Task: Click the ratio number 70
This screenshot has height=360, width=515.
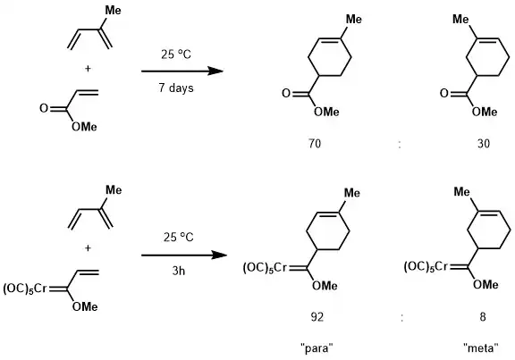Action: tap(315, 144)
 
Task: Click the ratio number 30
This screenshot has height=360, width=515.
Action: tap(484, 144)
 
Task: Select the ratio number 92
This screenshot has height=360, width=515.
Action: tap(317, 317)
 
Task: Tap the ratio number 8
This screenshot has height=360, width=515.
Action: tap(483, 317)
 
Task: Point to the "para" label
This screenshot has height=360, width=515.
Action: tap(317, 347)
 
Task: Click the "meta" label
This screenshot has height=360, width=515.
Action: tap(481, 347)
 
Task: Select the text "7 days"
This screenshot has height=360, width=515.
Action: tap(176, 88)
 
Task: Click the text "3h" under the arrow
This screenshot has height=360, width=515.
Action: tap(179, 271)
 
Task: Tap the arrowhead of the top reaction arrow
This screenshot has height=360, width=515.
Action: tap(215, 71)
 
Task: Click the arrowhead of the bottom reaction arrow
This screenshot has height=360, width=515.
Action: tap(219, 255)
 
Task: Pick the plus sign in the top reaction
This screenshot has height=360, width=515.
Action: tap(88, 69)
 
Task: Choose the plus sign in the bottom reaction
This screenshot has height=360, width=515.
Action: tap(88, 248)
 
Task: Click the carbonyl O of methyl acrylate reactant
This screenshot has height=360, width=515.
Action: tap(44, 108)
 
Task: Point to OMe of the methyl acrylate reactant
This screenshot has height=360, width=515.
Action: tap(84, 127)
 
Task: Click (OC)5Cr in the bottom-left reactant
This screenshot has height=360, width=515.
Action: tap(25, 289)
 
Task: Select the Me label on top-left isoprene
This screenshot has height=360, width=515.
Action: tap(113, 11)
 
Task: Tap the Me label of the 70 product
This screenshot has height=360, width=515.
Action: tap(354, 20)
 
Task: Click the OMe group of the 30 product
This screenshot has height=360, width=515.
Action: tap(485, 112)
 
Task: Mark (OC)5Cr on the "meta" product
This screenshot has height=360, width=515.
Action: tap(426, 267)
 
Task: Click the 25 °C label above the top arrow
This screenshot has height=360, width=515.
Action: tap(176, 54)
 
